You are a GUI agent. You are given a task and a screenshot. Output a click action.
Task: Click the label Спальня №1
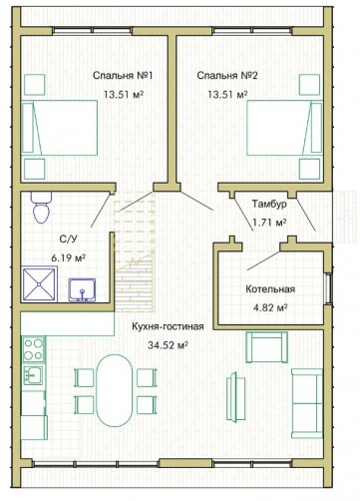123,76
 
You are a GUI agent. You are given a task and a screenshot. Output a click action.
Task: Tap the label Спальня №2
227,76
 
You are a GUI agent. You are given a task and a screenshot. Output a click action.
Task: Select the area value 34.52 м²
169,345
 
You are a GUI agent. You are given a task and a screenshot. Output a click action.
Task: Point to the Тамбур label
269,204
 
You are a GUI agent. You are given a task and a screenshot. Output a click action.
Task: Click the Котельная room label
270,289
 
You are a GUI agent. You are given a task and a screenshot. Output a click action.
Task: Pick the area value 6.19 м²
69,257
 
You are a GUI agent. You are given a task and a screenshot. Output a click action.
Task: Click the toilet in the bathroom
41,207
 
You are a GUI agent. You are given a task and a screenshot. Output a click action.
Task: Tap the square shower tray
39,284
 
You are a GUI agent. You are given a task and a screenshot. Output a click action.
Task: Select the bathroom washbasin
82,290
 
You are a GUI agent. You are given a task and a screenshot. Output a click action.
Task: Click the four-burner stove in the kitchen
34,349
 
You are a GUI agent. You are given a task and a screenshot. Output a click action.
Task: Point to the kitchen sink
33,375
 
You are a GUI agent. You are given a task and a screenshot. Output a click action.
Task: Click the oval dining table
115,390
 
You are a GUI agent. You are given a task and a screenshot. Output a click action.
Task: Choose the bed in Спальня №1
60,128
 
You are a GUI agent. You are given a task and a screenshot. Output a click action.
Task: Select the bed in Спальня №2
284,128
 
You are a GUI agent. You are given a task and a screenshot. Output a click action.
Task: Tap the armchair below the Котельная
266,347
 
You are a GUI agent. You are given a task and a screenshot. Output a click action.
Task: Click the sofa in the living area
307,403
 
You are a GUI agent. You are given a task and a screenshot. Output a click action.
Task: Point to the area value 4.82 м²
270,307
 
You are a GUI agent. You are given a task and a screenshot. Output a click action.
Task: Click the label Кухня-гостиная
168,326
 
